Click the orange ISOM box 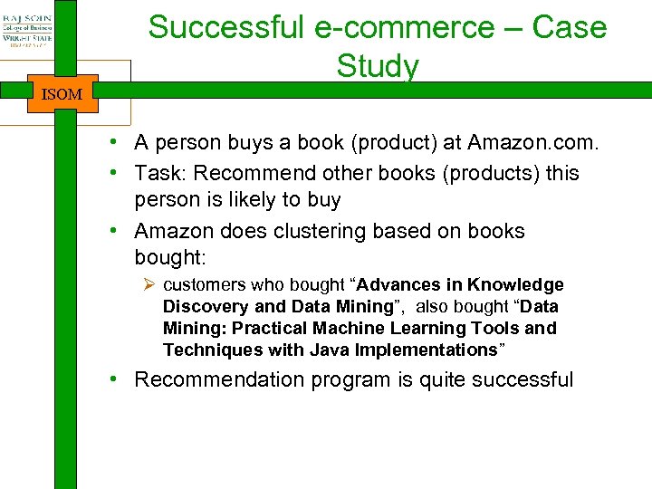coord(62,93)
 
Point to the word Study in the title coord(378,66)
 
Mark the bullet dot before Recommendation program coord(118,379)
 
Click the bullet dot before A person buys coord(118,142)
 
